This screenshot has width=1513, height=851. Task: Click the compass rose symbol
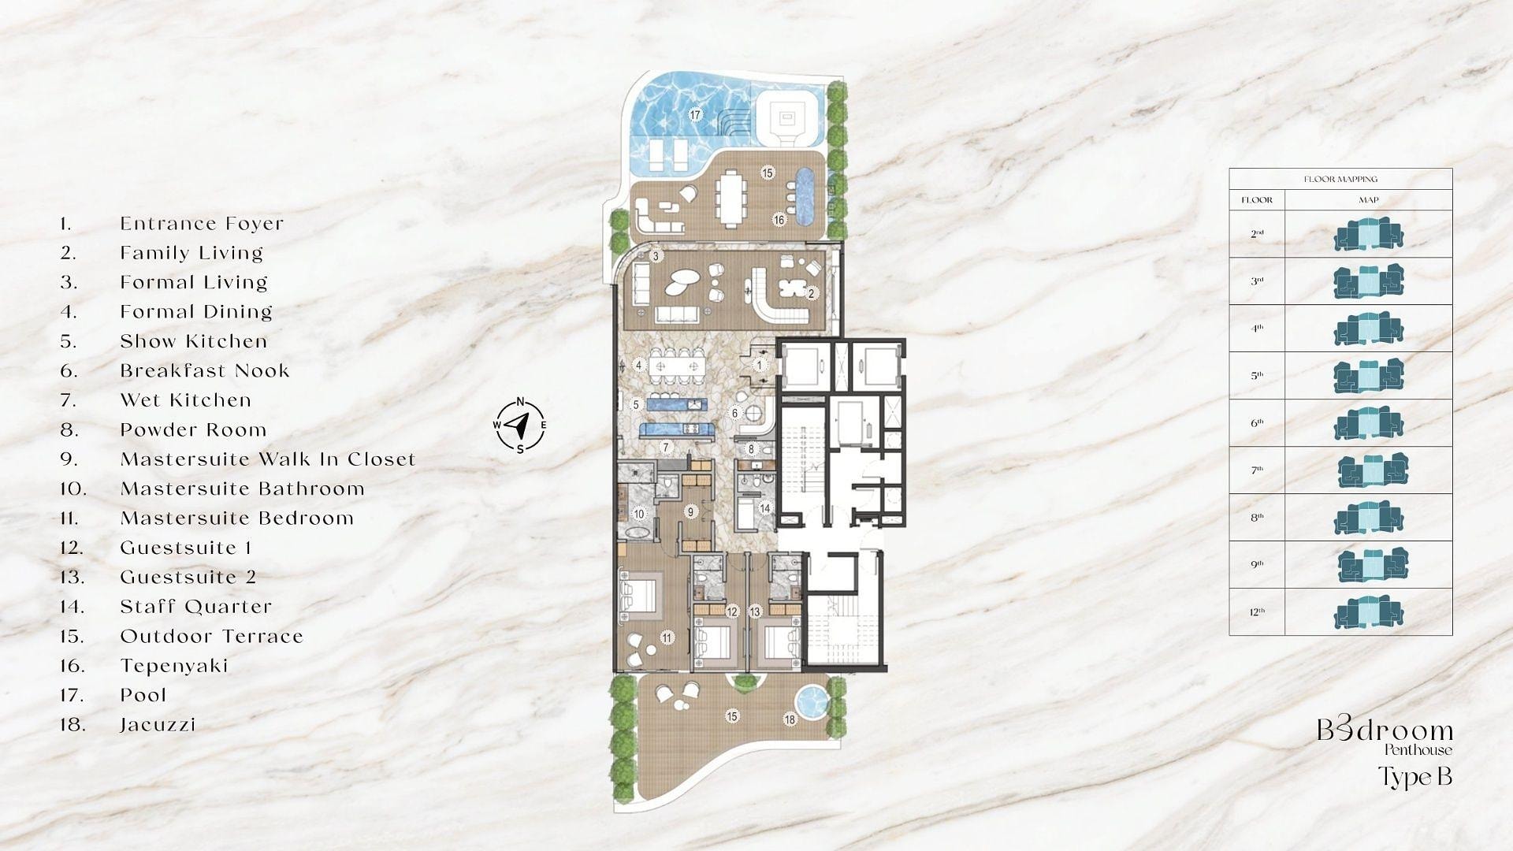519,425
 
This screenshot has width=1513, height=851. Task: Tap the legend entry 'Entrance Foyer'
202,224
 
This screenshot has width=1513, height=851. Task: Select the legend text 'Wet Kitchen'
186,400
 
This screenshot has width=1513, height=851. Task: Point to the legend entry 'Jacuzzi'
158,725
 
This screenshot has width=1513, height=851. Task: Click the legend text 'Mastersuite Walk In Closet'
268,459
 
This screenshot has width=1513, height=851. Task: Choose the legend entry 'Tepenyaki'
174,666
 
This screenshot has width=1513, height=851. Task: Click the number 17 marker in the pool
695,115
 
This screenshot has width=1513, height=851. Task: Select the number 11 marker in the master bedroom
667,637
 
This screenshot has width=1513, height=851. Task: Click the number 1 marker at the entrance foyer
760,365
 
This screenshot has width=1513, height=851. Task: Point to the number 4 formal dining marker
640,365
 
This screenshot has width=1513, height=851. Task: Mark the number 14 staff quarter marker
764,508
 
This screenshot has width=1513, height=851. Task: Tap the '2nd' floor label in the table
1257,234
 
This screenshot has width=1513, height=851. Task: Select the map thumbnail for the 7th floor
1373,470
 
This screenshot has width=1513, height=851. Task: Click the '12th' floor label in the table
1257,612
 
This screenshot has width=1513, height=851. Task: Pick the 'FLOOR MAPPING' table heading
1340,180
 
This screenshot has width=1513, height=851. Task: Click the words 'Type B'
1414,777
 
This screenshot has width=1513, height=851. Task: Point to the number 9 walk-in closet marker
691,511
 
